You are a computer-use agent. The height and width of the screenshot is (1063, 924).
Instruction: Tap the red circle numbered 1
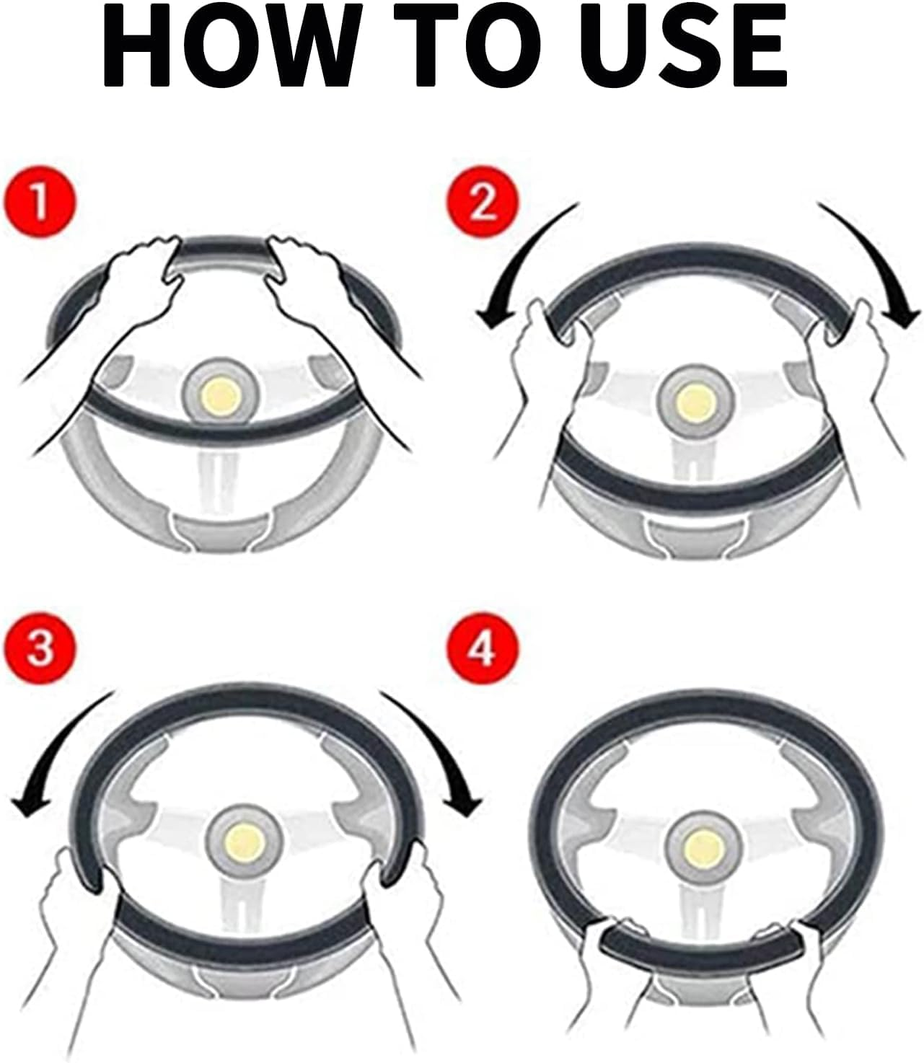(x=40, y=202)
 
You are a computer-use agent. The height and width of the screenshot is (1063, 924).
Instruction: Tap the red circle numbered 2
(x=483, y=202)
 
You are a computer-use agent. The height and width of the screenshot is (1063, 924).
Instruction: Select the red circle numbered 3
(x=40, y=648)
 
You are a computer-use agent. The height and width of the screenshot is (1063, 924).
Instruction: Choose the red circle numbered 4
(x=483, y=648)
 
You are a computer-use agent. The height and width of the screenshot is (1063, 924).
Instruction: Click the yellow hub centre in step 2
(x=695, y=404)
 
